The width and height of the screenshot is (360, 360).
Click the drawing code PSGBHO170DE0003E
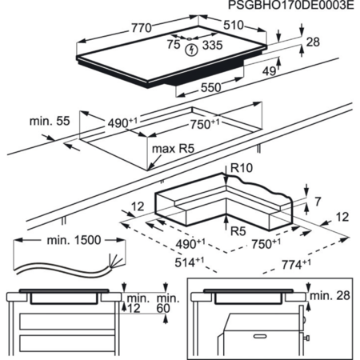point(291,5)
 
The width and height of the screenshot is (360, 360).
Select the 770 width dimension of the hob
point(142,28)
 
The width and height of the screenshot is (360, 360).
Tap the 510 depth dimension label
point(234,25)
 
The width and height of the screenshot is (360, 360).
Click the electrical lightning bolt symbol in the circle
point(191,50)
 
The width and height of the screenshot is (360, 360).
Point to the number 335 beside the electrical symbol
point(212,45)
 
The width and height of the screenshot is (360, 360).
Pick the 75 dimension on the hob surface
point(174,44)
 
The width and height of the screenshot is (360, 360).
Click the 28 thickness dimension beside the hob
point(313,42)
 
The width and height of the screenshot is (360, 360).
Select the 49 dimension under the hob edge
point(269,71)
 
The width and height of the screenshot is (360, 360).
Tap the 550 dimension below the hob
point(210,87)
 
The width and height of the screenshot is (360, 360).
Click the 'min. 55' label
point(50,121)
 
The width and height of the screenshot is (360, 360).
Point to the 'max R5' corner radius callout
point(173,149)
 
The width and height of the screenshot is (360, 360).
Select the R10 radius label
point(242,168)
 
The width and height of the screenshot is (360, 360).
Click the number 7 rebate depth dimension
point(318,202)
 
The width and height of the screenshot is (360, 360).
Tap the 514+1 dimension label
point(190,262)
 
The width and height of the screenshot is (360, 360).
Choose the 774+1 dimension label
point(296,264)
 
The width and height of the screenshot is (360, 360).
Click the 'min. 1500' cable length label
point(74,240)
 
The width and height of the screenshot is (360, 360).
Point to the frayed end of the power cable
point(116,262)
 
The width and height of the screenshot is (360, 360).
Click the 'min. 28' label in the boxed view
point(330,295)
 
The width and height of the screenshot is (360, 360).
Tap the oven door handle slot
point(260,337)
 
